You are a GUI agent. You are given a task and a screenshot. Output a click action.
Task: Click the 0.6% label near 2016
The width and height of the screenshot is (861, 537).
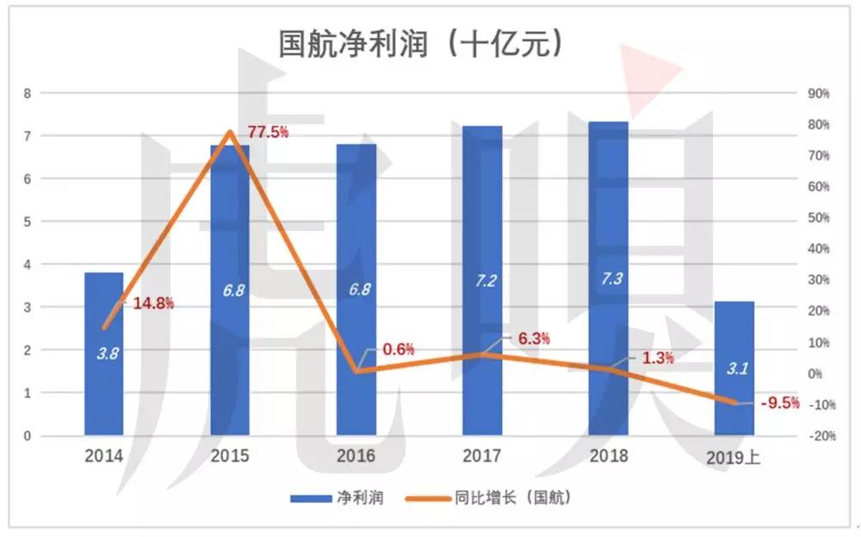pos(399,349)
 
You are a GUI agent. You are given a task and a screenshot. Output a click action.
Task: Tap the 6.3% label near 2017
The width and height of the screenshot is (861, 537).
pos(534,340)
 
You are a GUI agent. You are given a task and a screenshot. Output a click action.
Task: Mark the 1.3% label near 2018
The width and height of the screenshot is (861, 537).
pos(658,358)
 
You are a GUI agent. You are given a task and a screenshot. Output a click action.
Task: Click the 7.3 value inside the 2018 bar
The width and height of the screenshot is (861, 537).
pos(609,278)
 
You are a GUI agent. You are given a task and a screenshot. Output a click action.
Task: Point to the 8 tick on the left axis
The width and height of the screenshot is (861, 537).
pos(27,93)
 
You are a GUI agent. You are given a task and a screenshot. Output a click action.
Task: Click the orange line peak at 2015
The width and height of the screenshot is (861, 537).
pos(230,132)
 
